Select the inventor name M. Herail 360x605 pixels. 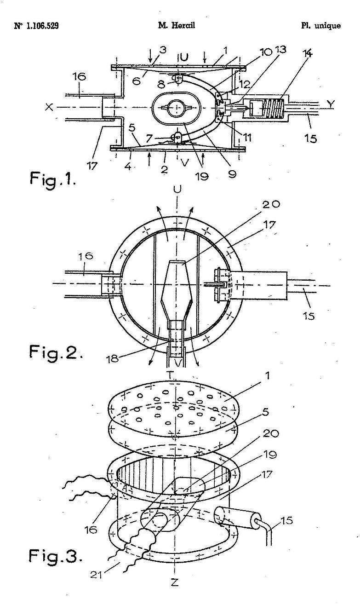pyautogui.click(x=177, y=26)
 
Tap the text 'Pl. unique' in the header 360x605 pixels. pyautogui.click(x=321, y=26)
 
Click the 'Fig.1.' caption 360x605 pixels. pyautogui.click(x=52, y=179)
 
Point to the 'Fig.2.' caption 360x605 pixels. pyautogui.click(x=55, y=352)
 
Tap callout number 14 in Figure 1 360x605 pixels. pyautogui.click(x=308, y=53)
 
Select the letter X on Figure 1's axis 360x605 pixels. pyautogui.click(x=49, y=107)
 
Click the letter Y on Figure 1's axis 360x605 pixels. pyautogui.click(x=330, y=104)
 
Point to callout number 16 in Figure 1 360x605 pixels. pyautogui.click(x=79, y=76)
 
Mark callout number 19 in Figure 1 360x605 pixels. pyautogui.click(x=202, y=176)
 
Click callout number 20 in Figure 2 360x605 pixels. pyautogui.click(x=271, y=204)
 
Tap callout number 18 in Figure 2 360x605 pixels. pyautogui.click(x=113, y=358)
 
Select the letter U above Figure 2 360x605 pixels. pyautogui.click(x=177, y=189)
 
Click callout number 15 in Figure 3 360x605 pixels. pyautogui.click(x=286, y=520)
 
